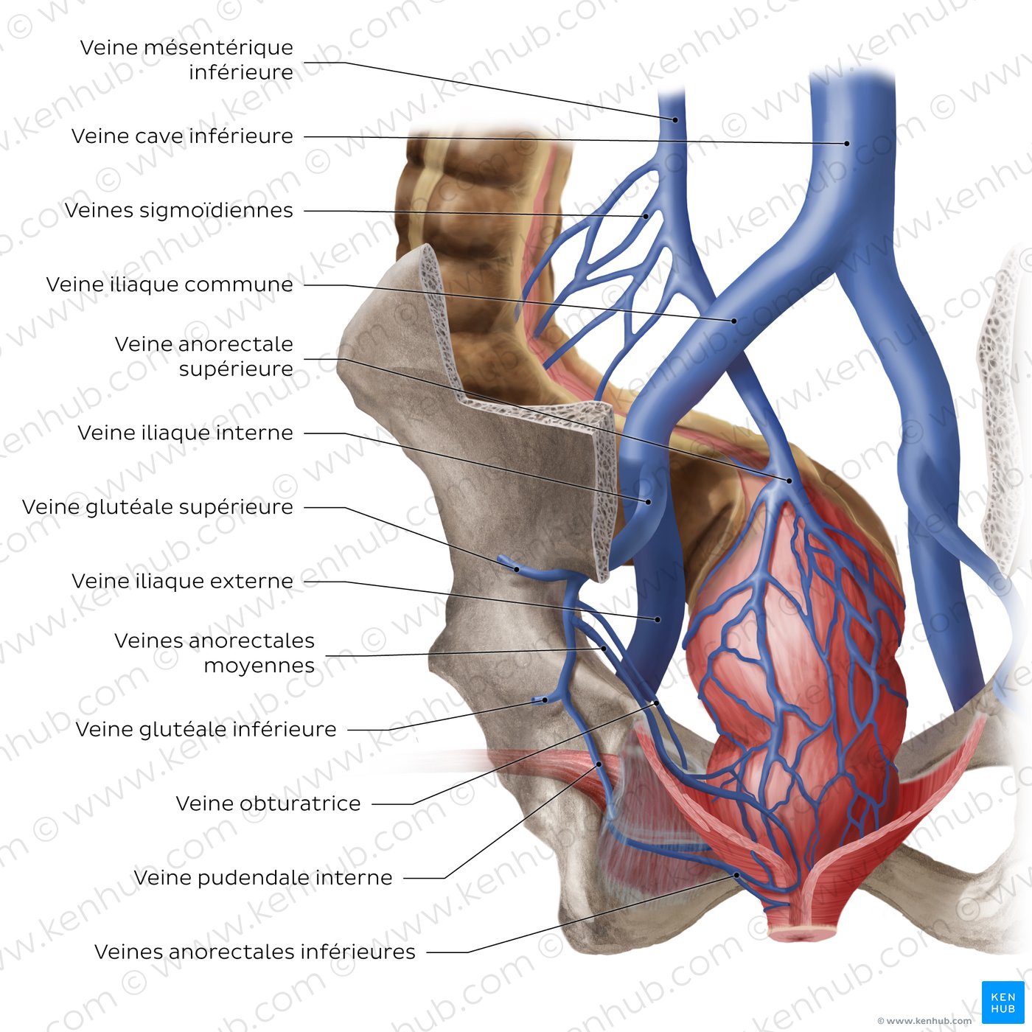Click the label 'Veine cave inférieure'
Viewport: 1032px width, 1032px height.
point(183,136)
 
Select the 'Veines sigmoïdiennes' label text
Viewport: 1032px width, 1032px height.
point(179,210)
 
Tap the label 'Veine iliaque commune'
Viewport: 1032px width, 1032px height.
point(170,285)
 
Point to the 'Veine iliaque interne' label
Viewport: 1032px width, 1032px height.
point(185,433)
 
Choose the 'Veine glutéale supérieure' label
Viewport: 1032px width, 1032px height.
point(158,507)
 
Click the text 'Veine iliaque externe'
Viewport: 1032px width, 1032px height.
point(183,581)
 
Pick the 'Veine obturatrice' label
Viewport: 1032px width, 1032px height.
point(268,803)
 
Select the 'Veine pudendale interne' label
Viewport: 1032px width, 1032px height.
point(263,877)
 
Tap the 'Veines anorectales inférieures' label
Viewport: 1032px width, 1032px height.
point(255,952)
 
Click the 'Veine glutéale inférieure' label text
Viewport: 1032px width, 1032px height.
point(206,730)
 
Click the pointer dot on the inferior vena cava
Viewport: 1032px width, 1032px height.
point(847,143)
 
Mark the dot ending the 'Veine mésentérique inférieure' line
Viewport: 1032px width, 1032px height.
point(675,120)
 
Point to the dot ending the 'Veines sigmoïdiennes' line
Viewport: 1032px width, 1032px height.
point(646,217)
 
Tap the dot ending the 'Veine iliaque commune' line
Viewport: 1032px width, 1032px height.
point(733,321)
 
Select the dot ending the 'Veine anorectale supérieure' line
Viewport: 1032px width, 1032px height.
point(789,481)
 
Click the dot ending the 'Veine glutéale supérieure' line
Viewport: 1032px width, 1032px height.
point(516,569)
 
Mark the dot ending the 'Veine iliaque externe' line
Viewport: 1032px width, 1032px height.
point(658,620)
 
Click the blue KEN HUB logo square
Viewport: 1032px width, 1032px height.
point(1003,1003)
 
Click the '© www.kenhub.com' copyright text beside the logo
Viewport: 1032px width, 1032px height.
point(925,1021)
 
